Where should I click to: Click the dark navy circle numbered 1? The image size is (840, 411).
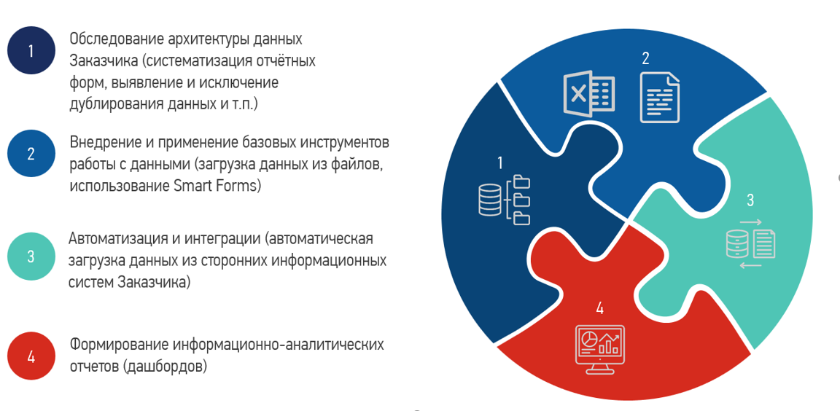(x=31, y=50)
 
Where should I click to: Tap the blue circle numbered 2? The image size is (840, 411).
(x=31, y=154)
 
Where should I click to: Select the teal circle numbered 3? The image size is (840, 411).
(x=31, y=256)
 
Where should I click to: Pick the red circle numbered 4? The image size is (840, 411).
(x=31, y=356)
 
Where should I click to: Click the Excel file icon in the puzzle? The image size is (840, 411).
(x=588, y=94)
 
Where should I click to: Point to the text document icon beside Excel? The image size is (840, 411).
(x=660, y=98)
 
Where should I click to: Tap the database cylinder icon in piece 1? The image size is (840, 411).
(x=490, y=199)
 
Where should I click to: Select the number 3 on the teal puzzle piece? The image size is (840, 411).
(x=750, y=200)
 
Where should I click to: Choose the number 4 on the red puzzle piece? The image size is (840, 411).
(x=599, y=308)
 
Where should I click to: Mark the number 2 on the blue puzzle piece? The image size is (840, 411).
(x=645, y=58)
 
